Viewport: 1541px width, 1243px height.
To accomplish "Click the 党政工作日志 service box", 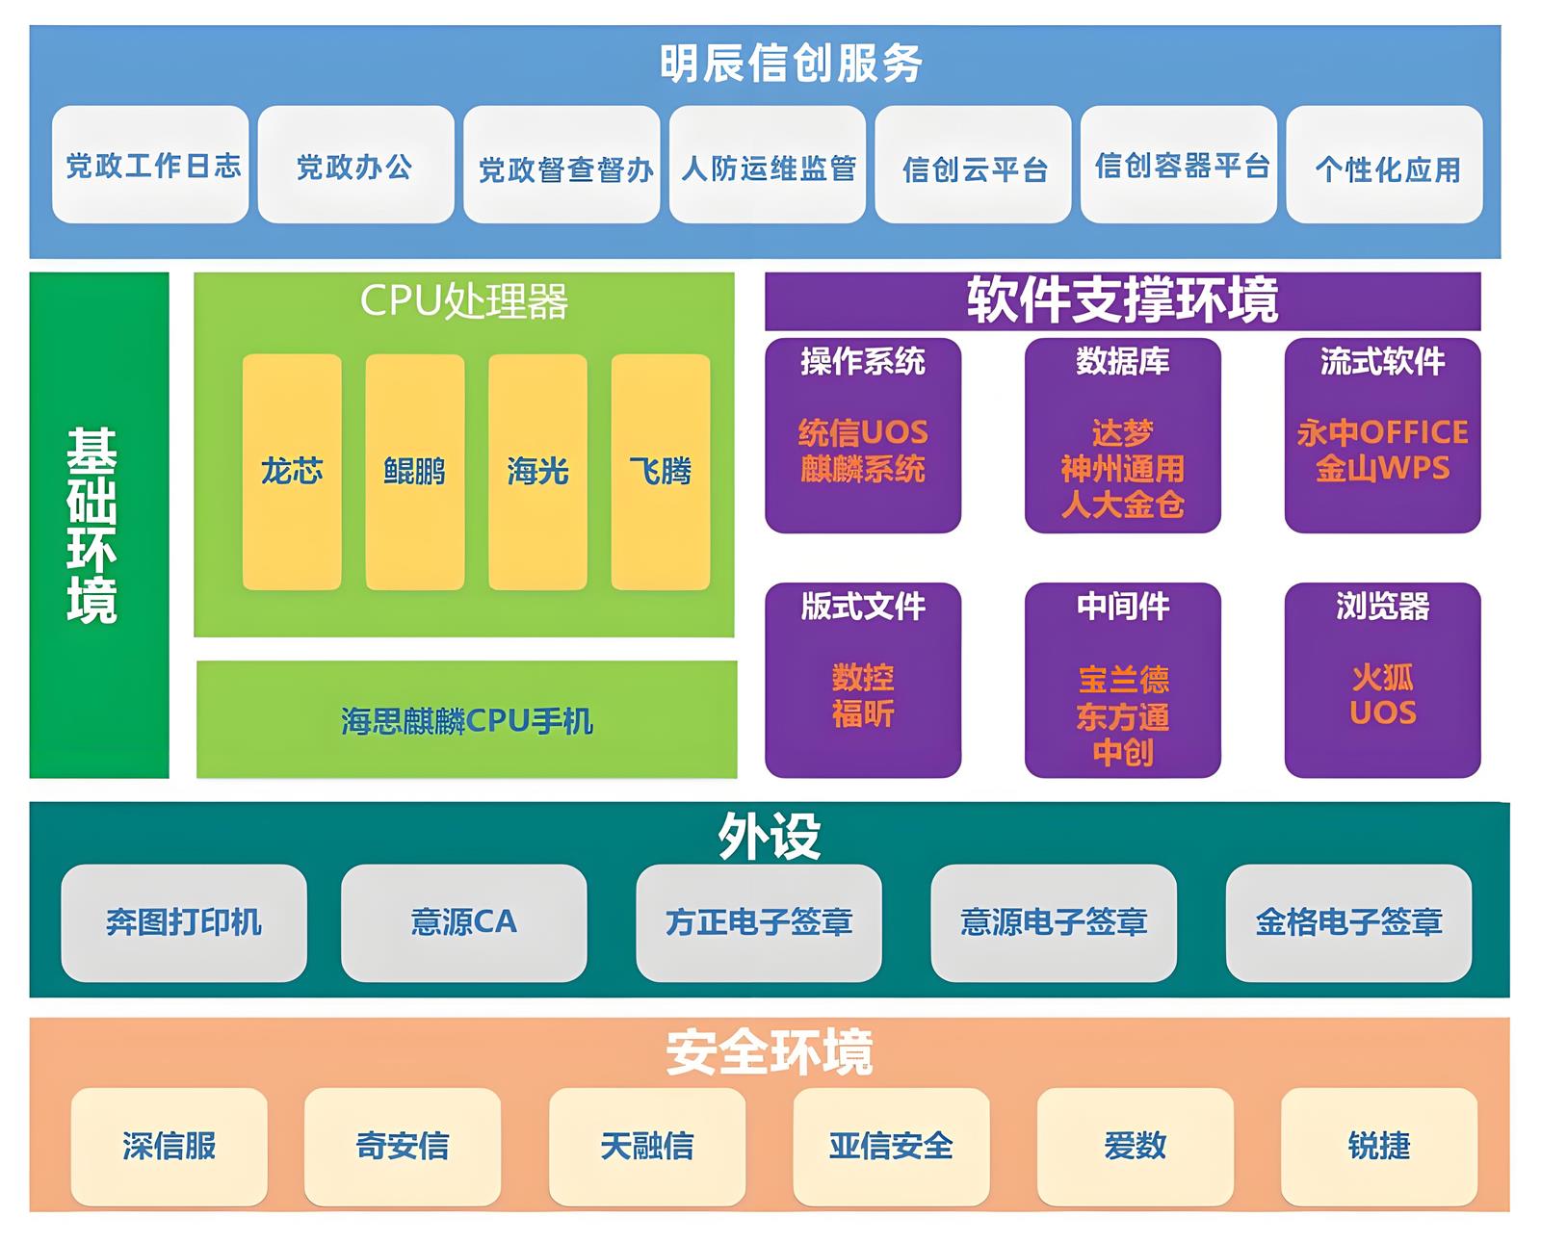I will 150,165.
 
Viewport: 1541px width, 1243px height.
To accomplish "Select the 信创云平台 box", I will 973,167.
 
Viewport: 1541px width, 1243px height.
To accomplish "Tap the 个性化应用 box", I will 1385,167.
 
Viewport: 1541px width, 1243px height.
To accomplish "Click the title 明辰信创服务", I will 791,65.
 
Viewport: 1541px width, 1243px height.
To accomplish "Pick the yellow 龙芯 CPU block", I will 292,472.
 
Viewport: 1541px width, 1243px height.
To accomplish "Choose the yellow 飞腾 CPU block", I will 661,472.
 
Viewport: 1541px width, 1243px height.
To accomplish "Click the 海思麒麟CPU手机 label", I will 467,720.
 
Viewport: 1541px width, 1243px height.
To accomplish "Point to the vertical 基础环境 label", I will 93,526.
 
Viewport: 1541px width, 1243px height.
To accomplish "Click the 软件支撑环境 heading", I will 1122,300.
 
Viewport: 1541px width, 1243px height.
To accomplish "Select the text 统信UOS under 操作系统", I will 863,432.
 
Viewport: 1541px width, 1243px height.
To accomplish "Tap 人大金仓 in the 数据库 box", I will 1123,505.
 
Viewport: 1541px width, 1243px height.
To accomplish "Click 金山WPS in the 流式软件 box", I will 1382,469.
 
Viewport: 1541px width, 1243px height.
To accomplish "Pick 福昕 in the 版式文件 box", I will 863,714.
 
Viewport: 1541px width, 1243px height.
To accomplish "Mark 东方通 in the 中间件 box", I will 1123,716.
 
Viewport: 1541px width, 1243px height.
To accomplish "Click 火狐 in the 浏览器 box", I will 1382,678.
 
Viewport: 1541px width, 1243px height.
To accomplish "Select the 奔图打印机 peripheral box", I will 184,922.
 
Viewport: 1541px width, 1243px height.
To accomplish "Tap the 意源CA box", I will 464,922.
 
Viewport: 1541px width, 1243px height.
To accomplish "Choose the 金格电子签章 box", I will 1348,922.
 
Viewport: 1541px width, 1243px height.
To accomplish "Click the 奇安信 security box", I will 403,1146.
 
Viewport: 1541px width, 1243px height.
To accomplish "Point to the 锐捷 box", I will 1378,1146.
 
